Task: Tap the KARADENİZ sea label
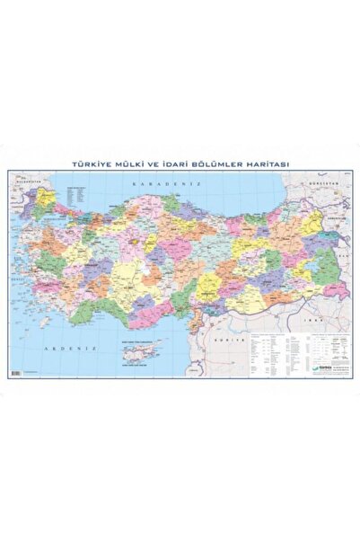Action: pos(156,183)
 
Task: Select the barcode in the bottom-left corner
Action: pos(14,373)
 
